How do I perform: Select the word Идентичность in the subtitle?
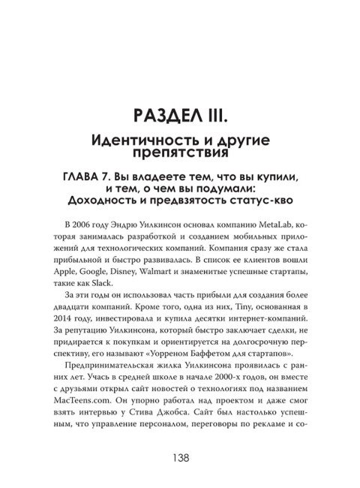tap(136, 140)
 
